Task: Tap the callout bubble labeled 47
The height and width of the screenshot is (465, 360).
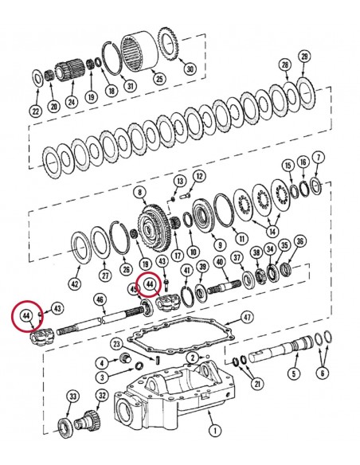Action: (247, 317)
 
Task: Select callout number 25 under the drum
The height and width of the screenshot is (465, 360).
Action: (159, 78)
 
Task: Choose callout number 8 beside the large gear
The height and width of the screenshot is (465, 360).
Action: (140, 193)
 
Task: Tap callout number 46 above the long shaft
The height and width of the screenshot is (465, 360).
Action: (100, 299)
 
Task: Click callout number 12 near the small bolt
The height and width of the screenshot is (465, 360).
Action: (199, 176)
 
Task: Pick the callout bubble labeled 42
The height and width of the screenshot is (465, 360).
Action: (74, 283)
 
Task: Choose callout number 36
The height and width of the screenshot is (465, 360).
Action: (299, 241)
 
